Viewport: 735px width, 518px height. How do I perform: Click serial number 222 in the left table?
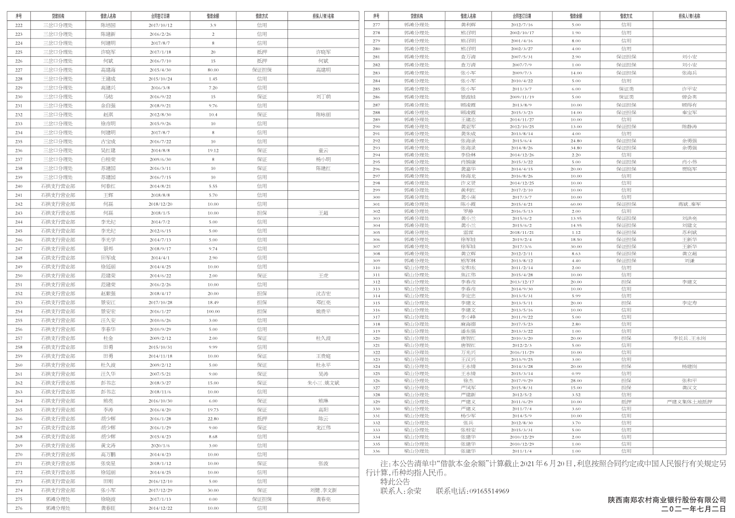[19, 25]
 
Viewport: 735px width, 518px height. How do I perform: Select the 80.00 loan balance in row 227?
[213, 70]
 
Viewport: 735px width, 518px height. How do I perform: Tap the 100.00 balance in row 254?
[213, 311]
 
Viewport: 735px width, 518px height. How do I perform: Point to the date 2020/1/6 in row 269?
[161, 445]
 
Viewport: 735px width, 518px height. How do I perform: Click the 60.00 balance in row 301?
[576, 204]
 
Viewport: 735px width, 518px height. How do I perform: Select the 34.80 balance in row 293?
[576, 148]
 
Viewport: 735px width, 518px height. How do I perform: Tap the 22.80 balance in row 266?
[213, 419]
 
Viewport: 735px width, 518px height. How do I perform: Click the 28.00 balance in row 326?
[576, 381]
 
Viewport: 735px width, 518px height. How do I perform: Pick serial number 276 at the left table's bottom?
[19, 508]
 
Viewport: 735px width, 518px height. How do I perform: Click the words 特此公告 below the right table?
[395, 482]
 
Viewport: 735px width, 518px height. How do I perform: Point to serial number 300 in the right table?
[376, 197]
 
